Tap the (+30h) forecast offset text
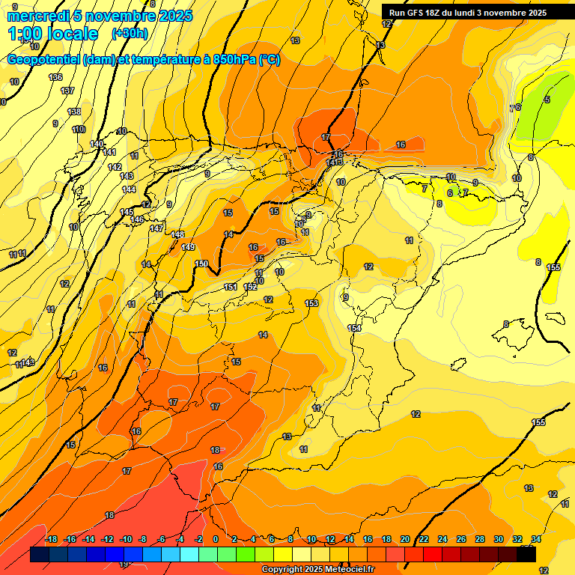coord(130,34)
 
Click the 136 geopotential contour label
coord(55,77)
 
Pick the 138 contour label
coord(74,112)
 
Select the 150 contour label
coord(201,264)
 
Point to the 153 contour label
coord(311,302)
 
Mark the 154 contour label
coord(354,328)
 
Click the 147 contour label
coord(156,228)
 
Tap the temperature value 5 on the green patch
coord(547,100)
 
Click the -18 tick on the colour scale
coord(51,539)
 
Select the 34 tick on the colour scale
coord(536,539)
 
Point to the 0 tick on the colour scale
coord(216,539)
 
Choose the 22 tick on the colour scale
coord(424,539)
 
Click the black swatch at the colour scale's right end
coord(526,555)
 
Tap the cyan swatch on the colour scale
coord(189,555)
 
